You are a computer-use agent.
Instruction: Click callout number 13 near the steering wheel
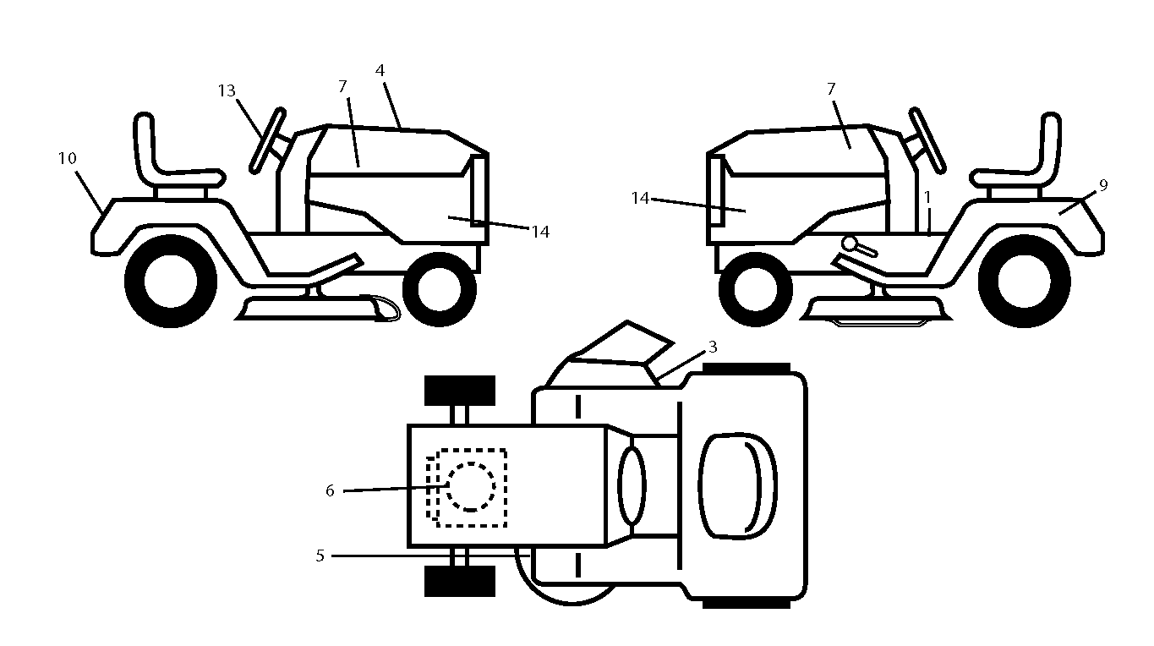(x=227, y=91)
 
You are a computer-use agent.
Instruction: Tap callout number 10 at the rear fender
(x=67, y=158)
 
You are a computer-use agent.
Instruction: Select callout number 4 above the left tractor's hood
(x=380, y=70)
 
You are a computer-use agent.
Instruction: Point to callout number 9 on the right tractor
(x=1103, y=185)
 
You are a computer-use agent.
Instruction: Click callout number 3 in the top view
(x=713, y=348)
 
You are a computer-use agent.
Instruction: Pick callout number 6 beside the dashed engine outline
(x=331, y=491)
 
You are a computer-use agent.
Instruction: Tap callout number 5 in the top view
(x=320, y=556)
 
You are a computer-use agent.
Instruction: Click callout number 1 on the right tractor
(x=927, y=197)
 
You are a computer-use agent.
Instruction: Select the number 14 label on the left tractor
(x=540, y=233)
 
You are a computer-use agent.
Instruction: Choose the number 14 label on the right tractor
(x=640, y=199)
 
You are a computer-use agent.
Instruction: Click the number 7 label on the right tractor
(x=831, y=90)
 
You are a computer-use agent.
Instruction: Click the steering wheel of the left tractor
(x=267, y=140)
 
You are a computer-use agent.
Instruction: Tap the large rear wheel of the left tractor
(x=171, y=282)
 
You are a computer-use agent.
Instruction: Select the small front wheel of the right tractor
(x=756, y=289)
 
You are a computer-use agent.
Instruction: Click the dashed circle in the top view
(x=471, y=487)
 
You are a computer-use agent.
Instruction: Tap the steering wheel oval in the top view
(x=632, y=486)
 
